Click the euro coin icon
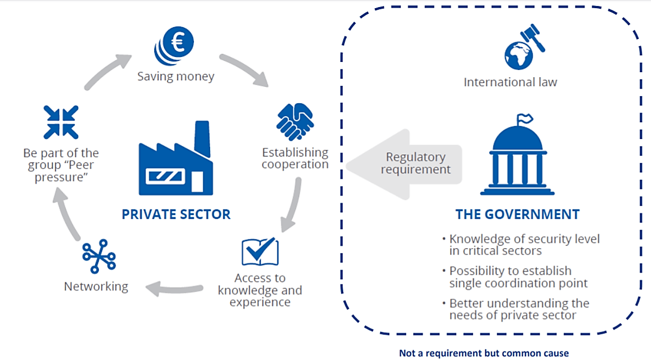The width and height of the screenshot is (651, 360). click(x=174, y=46)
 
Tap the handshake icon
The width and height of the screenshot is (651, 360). click(x=295, y=122)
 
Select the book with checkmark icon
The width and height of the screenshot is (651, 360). click(x=260, y=251)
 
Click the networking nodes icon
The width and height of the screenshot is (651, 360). click(x=99, y=256)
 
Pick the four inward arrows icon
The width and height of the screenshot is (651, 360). click(x=61, y=122)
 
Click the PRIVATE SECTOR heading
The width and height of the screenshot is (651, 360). click(x=176, y=214)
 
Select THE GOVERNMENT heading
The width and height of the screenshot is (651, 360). click(x=517, y=214)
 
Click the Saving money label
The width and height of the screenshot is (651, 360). click(x=176, y=77)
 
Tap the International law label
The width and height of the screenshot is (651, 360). click(x=510, y=82)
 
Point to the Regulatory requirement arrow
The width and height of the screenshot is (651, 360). click(x=404, y=165)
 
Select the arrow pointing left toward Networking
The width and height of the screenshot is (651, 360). click(x=174, y=288)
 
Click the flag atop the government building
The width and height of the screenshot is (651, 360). click(x=525, y=119)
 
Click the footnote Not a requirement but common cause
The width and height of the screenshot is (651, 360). click(x=484, y=353)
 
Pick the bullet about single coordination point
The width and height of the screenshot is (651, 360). click(x=515, y=277)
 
